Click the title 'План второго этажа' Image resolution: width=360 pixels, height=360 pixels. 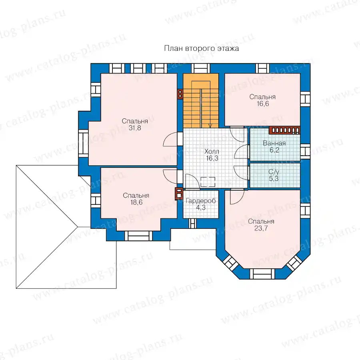[x=201, y=48]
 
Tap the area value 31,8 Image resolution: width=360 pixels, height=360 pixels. [x=135, y=128]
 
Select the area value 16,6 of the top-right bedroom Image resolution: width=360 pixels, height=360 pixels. [x=263, y=104]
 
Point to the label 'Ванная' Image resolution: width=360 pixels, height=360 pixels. [x=274, y=143]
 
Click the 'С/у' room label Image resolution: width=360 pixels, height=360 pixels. [x=274, y=172]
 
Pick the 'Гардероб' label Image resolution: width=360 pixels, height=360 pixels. [x=201, y=201]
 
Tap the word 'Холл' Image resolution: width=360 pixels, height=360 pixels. [x=212, y=151]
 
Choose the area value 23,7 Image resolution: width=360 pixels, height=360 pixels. [x=261, y=228]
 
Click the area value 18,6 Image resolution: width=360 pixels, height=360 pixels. [x=136, y=202]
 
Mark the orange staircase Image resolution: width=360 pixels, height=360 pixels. [x=201, y=100]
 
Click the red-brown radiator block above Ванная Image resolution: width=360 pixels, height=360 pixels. [x=284, y=130]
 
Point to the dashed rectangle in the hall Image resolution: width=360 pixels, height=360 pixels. [x=208, y=182]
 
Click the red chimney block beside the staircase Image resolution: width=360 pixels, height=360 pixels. [x=180, y=94]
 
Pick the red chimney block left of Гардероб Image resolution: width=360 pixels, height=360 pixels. [x=179, y=194]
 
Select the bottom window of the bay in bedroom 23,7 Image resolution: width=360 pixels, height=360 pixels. [x=262, y=274]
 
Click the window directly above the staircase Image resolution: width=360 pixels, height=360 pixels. [x=201, y=68]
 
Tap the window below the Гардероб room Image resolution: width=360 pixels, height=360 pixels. [x=193, y=223]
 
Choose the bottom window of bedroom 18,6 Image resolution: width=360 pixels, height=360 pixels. [x=138, y=236]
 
